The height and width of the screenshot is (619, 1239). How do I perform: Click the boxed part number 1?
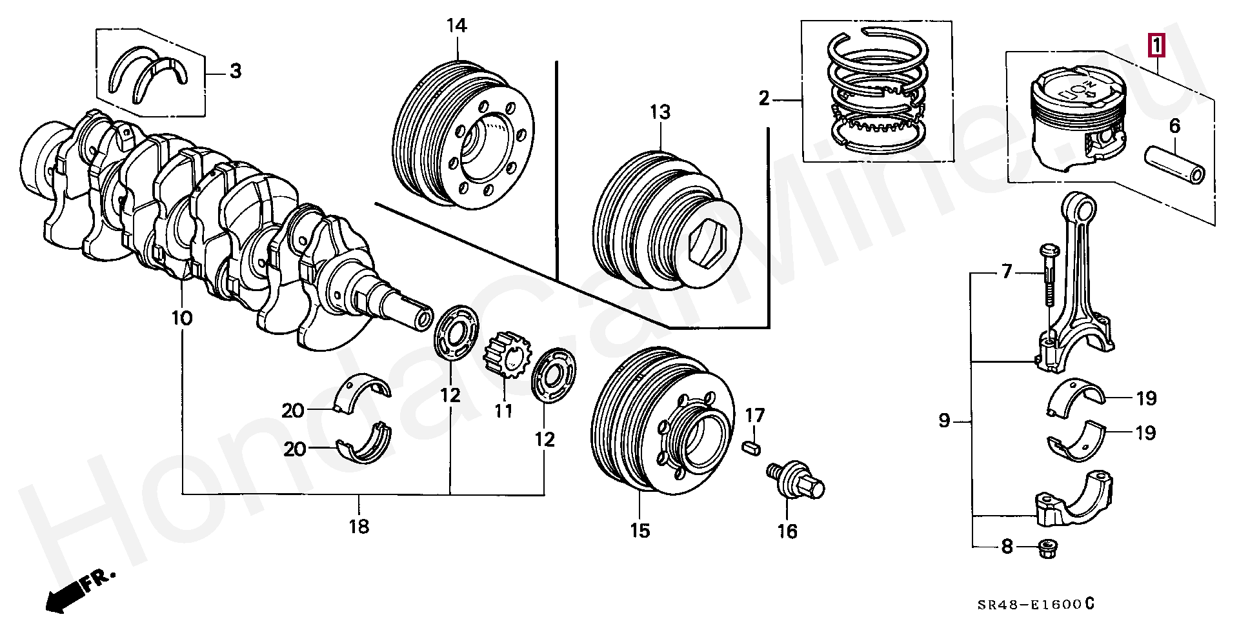1156,45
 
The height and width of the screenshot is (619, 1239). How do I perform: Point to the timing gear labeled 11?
507,354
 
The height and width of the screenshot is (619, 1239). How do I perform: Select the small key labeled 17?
752,447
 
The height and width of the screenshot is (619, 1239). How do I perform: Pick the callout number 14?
456,26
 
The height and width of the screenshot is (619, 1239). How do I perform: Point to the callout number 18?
359,527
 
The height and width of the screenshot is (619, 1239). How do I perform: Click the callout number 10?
182,318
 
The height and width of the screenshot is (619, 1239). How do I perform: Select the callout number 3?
236,71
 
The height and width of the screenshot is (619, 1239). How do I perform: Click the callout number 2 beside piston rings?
765,99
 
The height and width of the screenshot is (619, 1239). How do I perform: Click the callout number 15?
640,531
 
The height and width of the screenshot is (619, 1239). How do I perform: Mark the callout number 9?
944,421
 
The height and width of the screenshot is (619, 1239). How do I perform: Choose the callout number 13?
660,112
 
